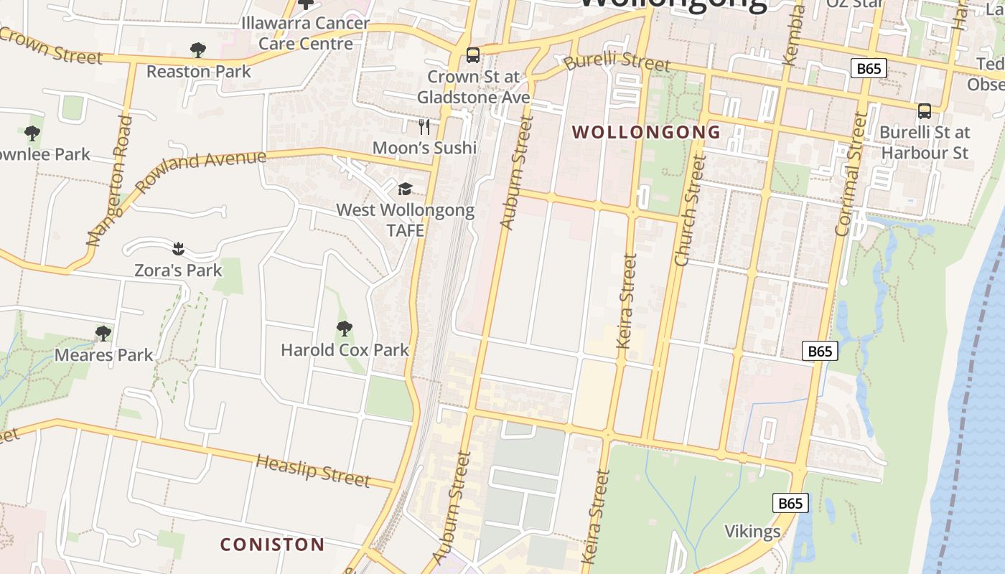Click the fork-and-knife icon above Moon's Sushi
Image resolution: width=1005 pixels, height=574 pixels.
(424, 127)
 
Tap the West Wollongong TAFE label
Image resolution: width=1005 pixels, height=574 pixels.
(406, 220)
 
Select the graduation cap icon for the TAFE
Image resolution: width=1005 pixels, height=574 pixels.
(406, 189)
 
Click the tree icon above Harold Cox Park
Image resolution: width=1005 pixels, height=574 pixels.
(345, 329)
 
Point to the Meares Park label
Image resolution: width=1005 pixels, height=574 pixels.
(104, 354)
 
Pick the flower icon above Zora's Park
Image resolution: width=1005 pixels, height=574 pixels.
(179, 249)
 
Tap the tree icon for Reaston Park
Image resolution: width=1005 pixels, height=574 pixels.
(198, 50)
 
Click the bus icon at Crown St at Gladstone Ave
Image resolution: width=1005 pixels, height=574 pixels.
(473, 55)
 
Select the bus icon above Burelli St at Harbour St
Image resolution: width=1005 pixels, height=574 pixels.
(925, 111)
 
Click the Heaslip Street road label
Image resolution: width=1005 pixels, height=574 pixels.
(313, 471)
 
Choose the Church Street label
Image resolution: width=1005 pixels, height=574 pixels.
(691, 211)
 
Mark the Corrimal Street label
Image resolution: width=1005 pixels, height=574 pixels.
(852, 174)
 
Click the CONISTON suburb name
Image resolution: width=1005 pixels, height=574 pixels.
(272, 545)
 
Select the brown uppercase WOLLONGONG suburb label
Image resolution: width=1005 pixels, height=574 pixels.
(647, 132)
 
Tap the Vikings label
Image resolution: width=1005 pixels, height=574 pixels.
(752, 532)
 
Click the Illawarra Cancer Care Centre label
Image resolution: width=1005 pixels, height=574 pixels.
(306, 33)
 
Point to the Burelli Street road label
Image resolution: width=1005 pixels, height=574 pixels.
(617, 61)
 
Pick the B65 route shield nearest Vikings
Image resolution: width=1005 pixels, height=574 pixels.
(790, 503)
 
